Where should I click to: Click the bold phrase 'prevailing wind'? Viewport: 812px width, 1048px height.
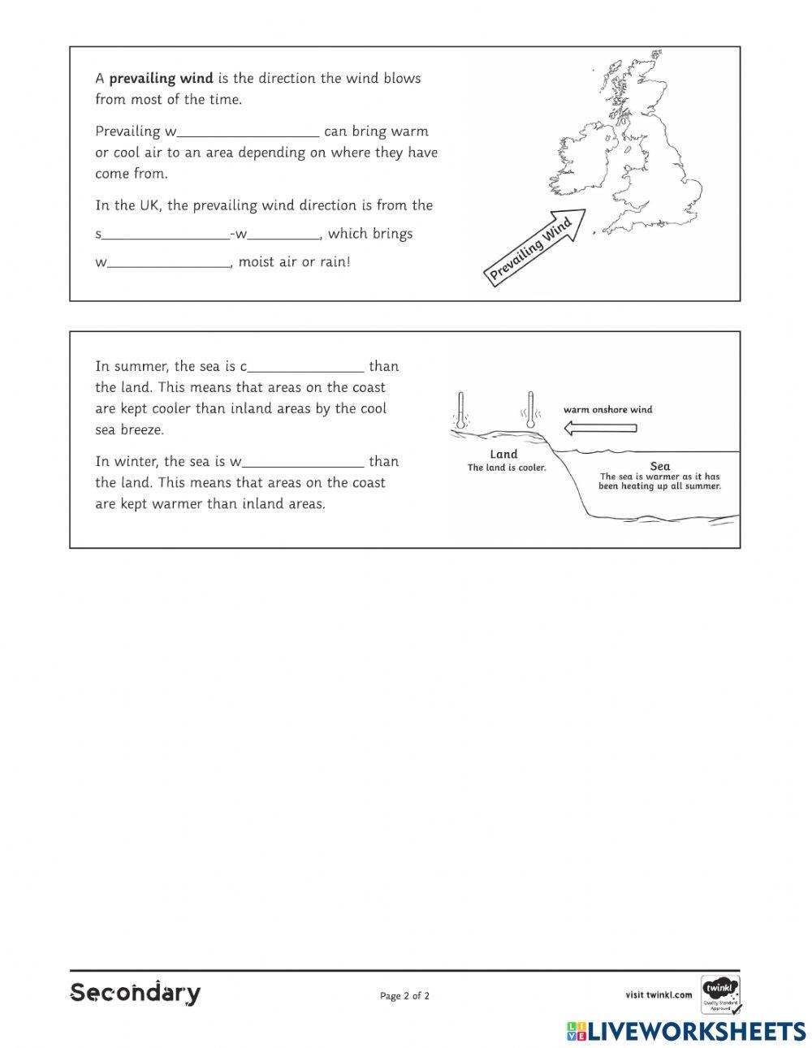point(161,79)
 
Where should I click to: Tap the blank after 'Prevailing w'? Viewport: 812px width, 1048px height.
point(248,132)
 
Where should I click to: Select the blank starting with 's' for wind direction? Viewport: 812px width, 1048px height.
point(166,234)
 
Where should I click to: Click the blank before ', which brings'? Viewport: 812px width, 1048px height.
point(283,234)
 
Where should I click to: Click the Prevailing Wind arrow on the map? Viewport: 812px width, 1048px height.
point(536,247)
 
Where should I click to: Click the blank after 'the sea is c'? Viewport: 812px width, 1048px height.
point(305,366)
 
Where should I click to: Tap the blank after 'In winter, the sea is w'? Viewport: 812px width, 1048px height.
point(303,461)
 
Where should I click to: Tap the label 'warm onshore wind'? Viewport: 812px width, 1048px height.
point(607,410)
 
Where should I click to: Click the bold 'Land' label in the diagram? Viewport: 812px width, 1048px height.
point(503,455)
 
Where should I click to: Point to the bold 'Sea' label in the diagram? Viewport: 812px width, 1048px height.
point(660,466)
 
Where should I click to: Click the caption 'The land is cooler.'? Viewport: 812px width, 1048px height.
point(507,468)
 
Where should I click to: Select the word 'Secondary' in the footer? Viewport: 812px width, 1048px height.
point(136,993)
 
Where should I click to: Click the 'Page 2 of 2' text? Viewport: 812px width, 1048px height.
point(404,996)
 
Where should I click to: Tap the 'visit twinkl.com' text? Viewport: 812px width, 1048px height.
point(659,994)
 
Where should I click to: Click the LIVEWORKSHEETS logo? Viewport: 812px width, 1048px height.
point(686,1031)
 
